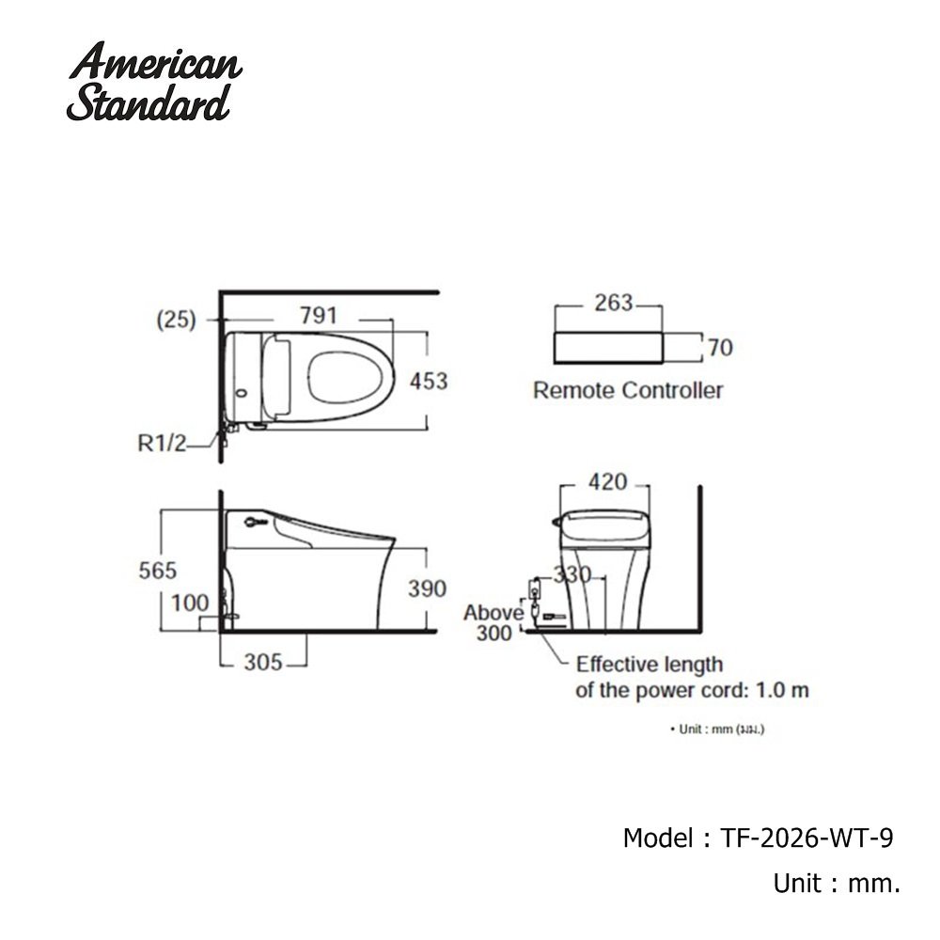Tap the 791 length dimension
click(x=318, y=316)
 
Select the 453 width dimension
click(x=428, y=382)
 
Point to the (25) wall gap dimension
click(x=176, y=320)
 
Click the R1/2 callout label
click(x=163, y=444)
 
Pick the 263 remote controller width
click(x=614, y=304)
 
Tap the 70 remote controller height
click(x=720, y=348)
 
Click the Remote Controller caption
click(x=628, y=390)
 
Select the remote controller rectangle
click(x=609, y=347)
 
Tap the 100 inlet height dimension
click(x=190, y=603)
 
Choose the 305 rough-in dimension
click(x=263, y=663)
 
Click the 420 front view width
click(x=606, y=482)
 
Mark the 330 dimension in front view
click(x=572, y=574)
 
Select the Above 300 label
click(x=493, y=623)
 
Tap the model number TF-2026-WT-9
click(x=805, y=838)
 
